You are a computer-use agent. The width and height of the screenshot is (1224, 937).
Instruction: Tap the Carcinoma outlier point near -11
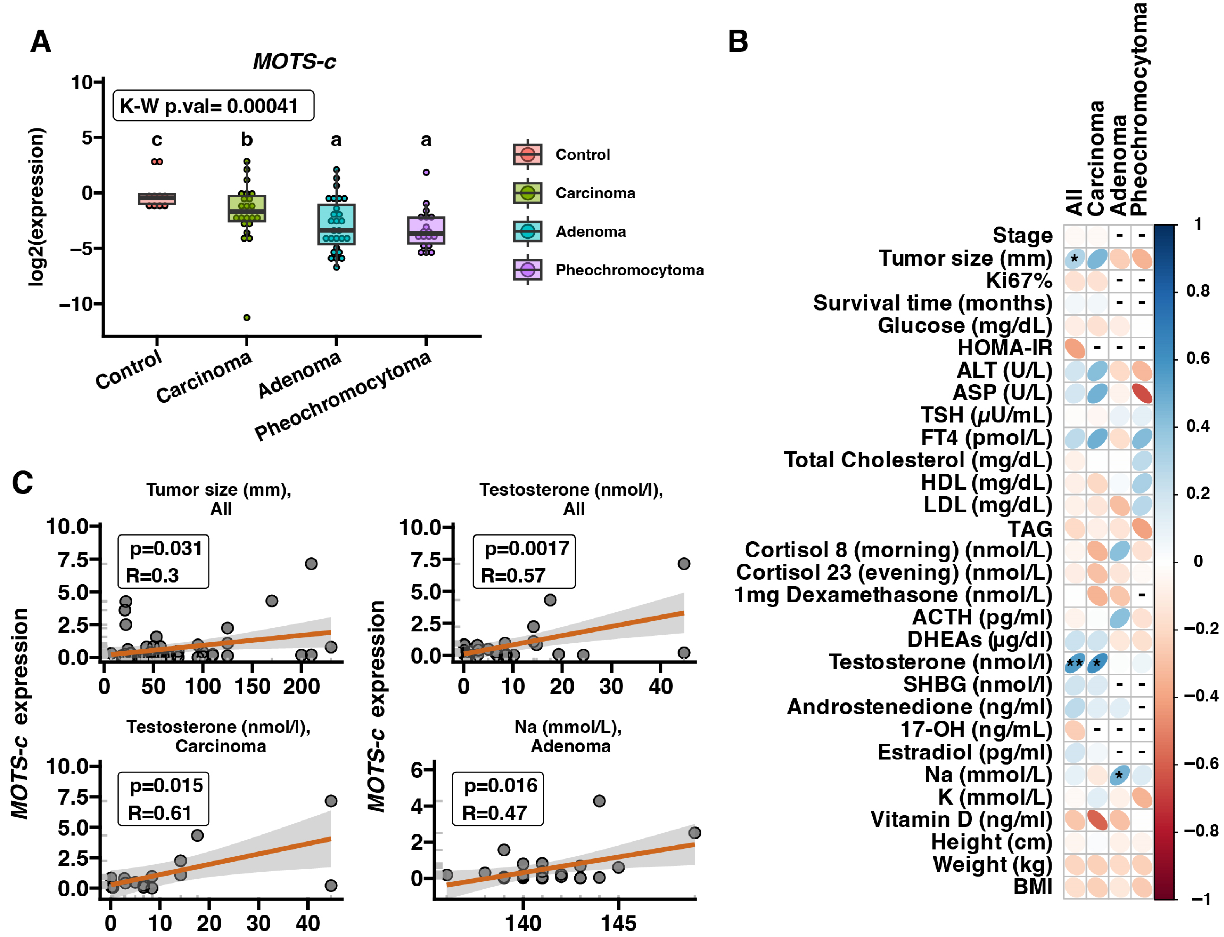(247, 317)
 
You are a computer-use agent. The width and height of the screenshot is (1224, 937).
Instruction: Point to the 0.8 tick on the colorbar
(1197, 291)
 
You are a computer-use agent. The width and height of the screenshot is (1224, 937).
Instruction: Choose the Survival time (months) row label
(932, 303)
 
